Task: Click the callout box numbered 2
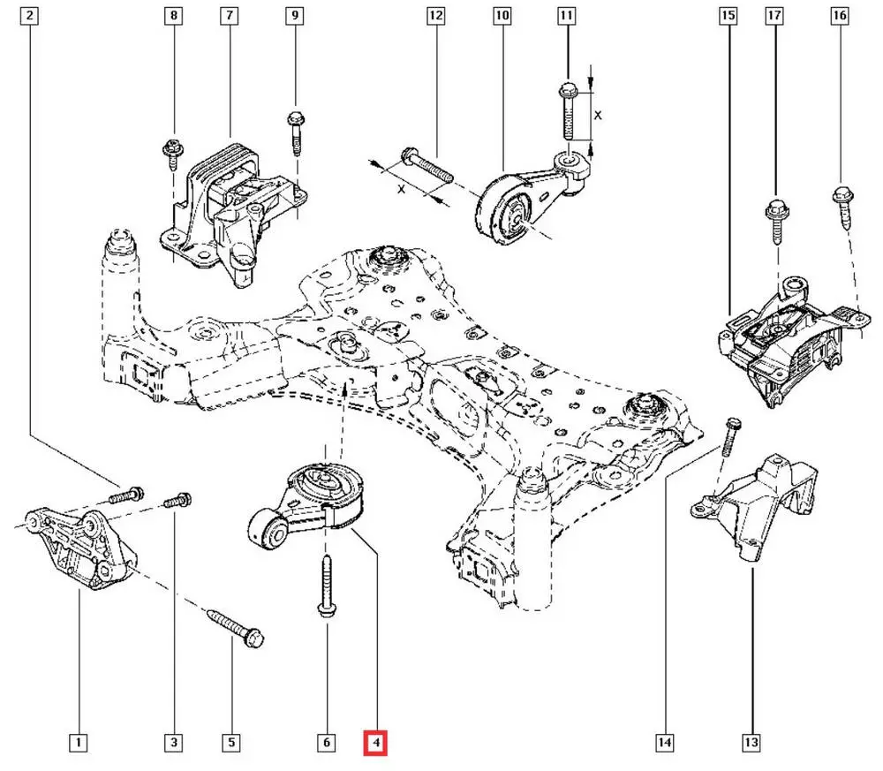[x=32, y=16]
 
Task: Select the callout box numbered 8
[x=173, y=16]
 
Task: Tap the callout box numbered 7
[x=230, y=16]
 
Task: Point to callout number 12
[x=434, y=16]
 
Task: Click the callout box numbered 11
[x=566, y=16]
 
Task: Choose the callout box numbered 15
[x=728, y=16]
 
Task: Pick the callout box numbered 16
[x=840, y=16]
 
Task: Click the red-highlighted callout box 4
[x=377, y=743]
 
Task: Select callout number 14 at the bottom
[x=665, y=743]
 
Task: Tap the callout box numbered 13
[x=751, y=743]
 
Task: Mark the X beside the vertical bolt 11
[x=598, y=115]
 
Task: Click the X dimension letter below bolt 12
[x=403, y=189]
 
